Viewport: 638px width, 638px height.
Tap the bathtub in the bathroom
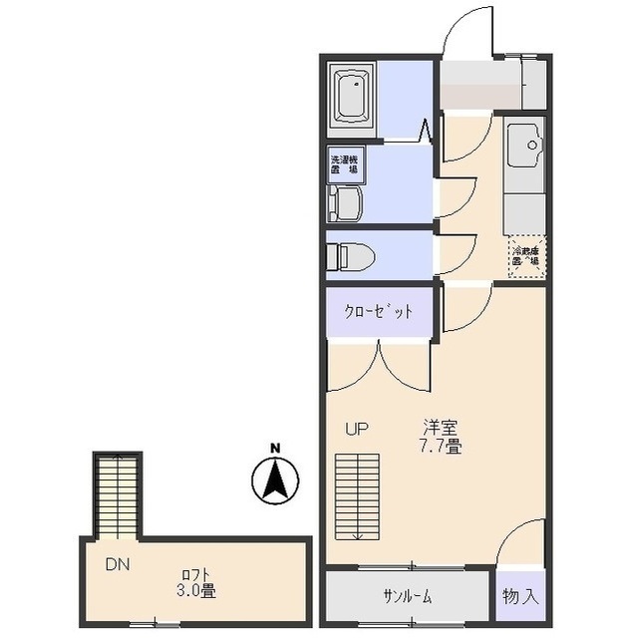click(352, 96)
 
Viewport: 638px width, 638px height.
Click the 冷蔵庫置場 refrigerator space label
click(525, 257)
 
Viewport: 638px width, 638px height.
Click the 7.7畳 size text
click(440, 447)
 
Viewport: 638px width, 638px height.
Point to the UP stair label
click(356, 430)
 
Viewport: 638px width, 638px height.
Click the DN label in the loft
click(118, 564)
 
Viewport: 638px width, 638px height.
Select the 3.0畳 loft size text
click(195, 591)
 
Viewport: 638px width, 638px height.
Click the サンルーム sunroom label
click(407, 597)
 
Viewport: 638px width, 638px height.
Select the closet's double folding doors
click(379, 366)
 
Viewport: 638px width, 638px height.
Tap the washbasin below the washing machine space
click(345, 204)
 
